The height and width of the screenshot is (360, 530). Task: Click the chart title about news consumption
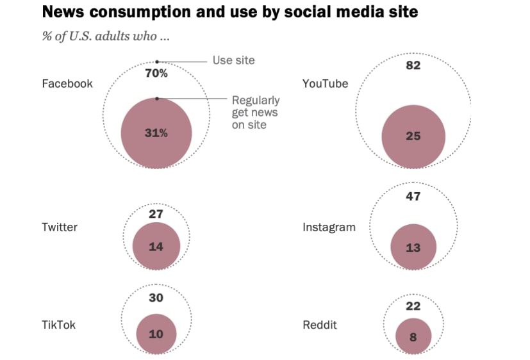pyautogui.click(x=230, y=12)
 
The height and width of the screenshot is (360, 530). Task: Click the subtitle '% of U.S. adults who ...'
pyautogui.click(x=106, y=37)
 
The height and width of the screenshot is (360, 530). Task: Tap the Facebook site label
pyautogui.click(x=67, y=84)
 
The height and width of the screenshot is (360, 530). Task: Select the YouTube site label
pyautogui.click(x=326, y=84)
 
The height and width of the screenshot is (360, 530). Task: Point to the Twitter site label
pyautogui.click(x=60, y=227)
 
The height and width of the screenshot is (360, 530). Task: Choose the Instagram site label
pyautogui.click(x=329, y=227)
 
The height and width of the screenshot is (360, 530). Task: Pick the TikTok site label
pyautogui.click(x=58, y=325)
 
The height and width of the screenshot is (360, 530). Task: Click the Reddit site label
pyautogui.click(x=319, y=325)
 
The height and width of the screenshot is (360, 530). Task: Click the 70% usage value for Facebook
pyautogui.click(x=156, y=74)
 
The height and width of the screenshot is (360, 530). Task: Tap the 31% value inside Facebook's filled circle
pyautogui.click(x=156, y=133)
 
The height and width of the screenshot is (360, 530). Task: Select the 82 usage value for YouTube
pyautogui.click(x=413, y=65)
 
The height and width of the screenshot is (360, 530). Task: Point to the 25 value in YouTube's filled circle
pyautogui.click(x=413, y=136)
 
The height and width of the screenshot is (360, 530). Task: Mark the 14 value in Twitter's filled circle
pyautogui.click(x=156, y=246)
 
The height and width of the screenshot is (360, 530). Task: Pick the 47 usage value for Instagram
pyautogui.click(x=413, y=197)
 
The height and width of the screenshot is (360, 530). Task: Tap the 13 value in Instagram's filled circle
pyautogui.click(x=413, y=247)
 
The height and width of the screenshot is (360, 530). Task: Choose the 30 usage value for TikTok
pyautogui.click(x=156, y=298)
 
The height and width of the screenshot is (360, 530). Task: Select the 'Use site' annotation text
pyautogui.click(x=233, y=60)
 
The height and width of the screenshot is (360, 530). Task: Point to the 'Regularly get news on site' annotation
pyautogui.click(x=255, y=113)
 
